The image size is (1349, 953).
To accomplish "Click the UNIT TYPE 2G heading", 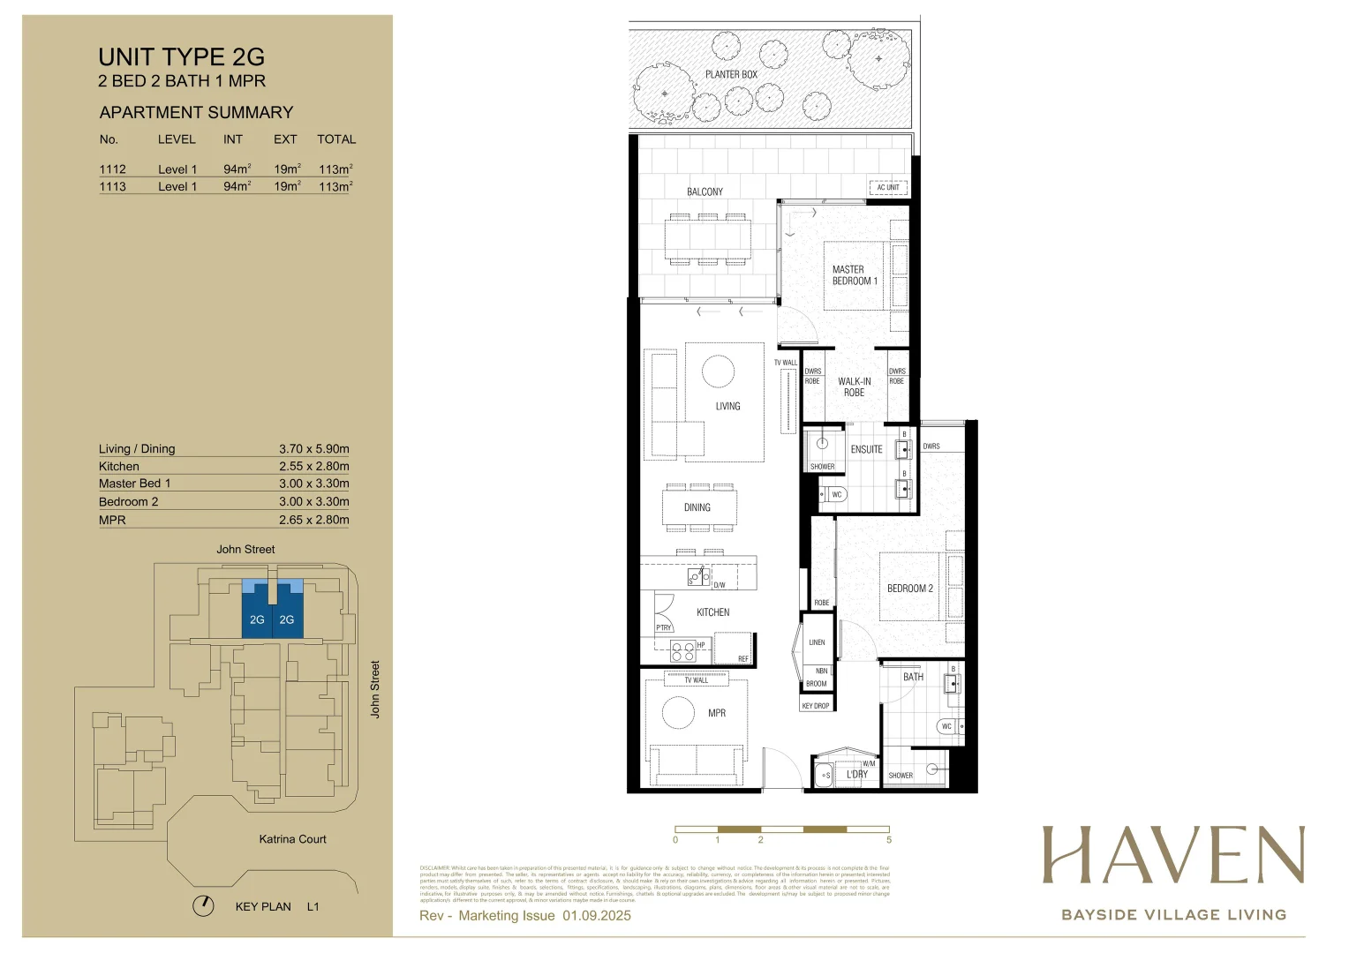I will point(181,57).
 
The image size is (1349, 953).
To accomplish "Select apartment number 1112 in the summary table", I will point(112,169).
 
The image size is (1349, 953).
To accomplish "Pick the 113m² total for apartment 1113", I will point(335,186).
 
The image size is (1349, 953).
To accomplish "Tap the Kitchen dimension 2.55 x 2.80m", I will point(313,466).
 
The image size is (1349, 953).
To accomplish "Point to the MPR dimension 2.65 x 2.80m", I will point(313,520).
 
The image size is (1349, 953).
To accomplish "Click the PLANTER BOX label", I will point(731,75).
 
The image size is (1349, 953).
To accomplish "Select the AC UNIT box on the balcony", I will point(887,187).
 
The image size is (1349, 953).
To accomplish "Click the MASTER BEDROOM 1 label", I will point(854,275).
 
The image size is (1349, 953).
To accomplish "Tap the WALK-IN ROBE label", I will point(854,387).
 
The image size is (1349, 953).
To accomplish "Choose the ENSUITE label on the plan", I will point(866,449).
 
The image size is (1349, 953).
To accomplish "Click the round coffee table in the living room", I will point(718,371).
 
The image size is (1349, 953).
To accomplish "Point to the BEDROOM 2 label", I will point(909,589).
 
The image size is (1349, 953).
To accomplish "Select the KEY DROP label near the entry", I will point(815,706).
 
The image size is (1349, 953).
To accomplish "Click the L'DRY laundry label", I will point(856,775).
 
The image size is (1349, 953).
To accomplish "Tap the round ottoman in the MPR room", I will point(678,712).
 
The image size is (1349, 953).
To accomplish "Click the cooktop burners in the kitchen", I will point(682,652).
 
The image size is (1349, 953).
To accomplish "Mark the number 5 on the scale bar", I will point(889,840).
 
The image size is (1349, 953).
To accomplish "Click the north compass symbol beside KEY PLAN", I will point(203,906).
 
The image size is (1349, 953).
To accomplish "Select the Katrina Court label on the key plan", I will point(292,839).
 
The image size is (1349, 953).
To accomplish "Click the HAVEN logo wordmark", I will point(1173,855).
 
